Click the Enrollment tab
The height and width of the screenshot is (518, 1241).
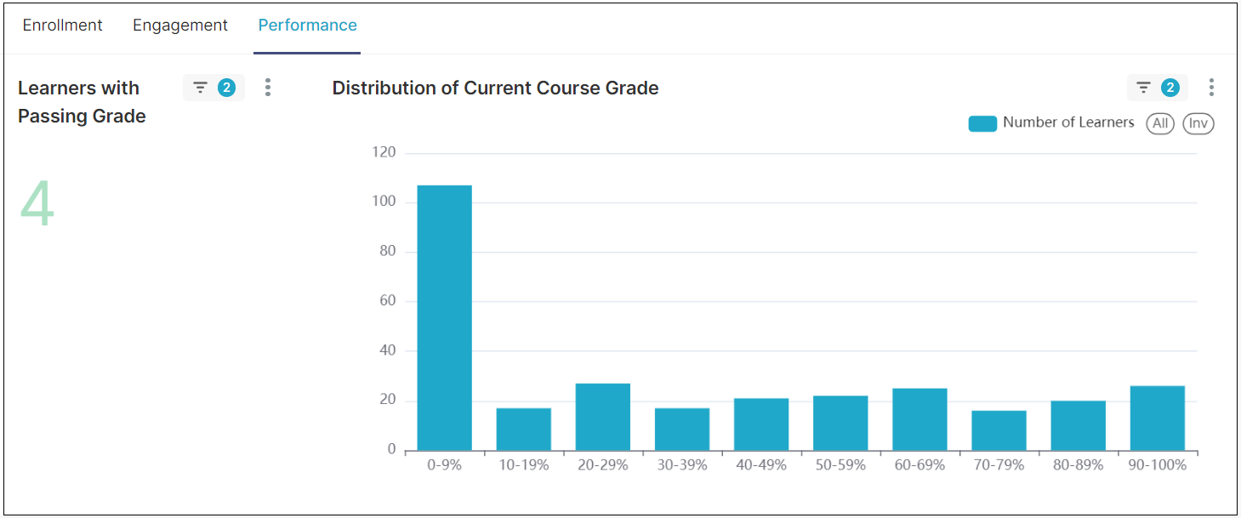(62, 26)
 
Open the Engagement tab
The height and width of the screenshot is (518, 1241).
(180, 26)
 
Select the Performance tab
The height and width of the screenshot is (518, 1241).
(307, 26)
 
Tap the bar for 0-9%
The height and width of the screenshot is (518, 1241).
(444, 317)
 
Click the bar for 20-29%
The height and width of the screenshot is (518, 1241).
(603, 417)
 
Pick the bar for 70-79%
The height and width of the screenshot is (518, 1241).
(999, 430)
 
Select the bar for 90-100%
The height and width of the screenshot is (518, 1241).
(1158, 418)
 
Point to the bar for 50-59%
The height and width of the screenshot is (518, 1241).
(840, 423)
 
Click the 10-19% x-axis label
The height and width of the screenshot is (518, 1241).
(523, 465)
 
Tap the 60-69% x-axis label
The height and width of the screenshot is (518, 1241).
(919, 465)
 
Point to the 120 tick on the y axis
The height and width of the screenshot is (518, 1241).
(384, 153)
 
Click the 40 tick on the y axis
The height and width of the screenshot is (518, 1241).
(387, 350)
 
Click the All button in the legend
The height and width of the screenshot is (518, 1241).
(1160, 123)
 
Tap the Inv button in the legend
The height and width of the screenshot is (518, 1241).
(1198, 123)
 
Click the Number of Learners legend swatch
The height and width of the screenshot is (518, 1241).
(982, 123)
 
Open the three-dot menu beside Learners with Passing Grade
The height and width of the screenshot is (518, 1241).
(268, 88)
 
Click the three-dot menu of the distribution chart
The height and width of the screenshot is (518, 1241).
(1211, 88)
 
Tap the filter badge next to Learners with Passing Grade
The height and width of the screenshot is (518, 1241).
(213, 88)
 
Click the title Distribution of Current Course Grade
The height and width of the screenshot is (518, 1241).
(495, 88)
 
